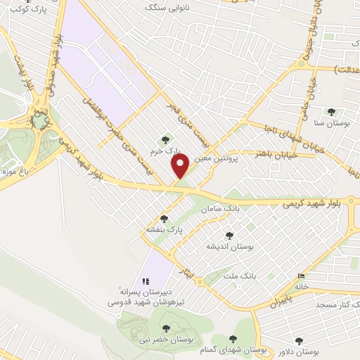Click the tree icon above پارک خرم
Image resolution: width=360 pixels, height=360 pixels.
tap(165, 140)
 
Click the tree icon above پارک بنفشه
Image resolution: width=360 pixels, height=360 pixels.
tap(164, 219)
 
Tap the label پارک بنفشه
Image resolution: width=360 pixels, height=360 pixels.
tap(164, 230)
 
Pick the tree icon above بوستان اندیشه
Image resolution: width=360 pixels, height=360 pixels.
tap(229, 236)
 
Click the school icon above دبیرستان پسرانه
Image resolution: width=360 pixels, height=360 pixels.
tap(146, 281)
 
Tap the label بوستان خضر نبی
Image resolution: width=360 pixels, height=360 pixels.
tap(166, 340)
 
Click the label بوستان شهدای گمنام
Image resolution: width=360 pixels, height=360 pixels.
tap(233, 349)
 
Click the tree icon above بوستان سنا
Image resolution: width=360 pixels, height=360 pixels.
tap(331, 112)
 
